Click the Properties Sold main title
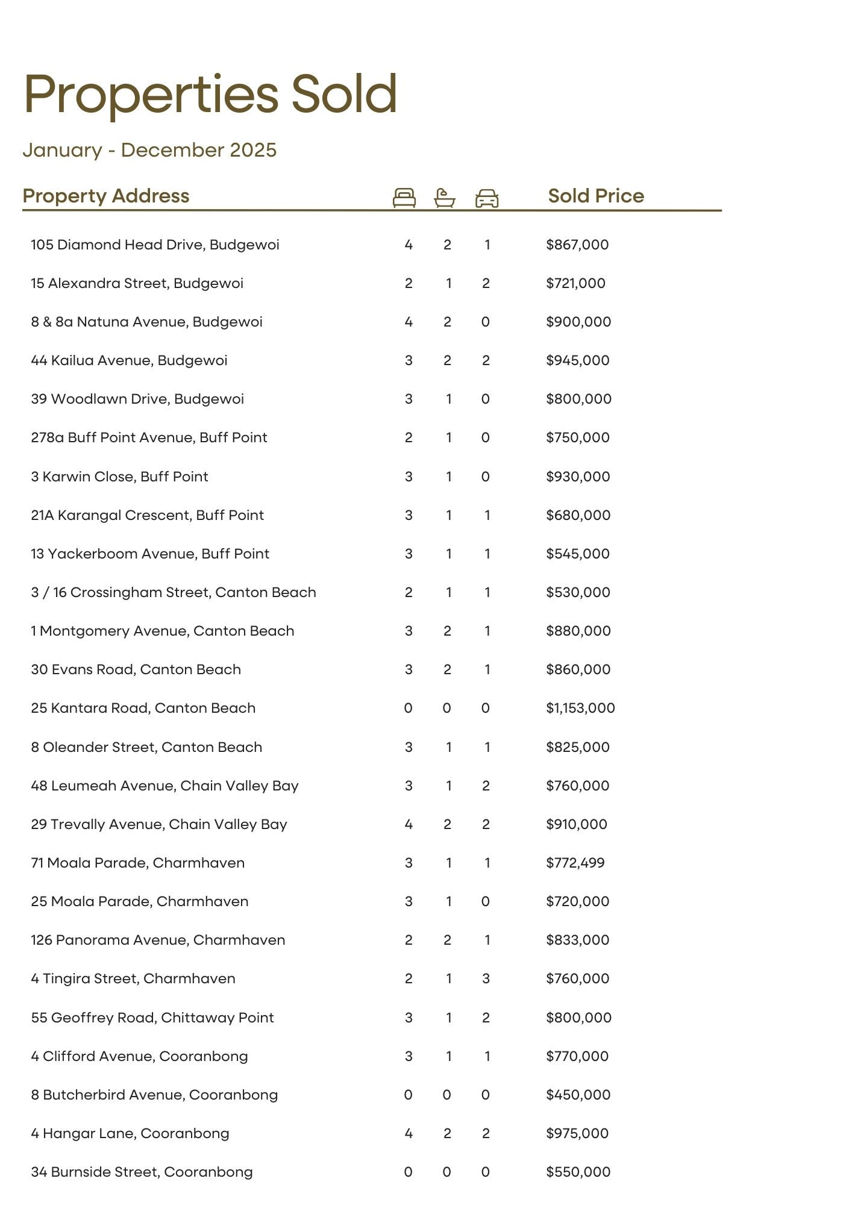(210, 94)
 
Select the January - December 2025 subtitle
(149, 150)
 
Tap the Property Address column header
(106, 196)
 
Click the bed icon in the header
(404, 198)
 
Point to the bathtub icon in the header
(445, 198)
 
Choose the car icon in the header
(487, 198)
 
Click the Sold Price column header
(596, 196)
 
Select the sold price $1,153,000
(580, 708)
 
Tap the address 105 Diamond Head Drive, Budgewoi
(155, 245)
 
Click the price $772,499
(575, 863)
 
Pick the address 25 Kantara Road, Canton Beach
(143, 708)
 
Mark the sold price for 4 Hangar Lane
(577, 1133)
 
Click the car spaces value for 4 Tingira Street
(486, 978)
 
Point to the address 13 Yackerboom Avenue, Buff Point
(150, 554)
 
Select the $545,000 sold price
(578, 554)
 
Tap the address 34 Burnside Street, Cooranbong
(142, 1172)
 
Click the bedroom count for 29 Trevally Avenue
(409, 824)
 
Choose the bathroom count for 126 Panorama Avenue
(447, 940)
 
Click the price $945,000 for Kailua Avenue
(578, 360)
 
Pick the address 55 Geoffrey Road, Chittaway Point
(152, 1018)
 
